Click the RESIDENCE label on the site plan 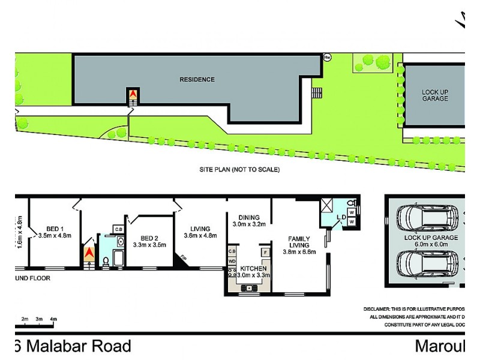pos(197,79)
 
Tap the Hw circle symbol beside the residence pos(327,58)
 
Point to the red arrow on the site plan pos(132,95)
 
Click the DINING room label pos(248,221)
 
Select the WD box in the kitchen pos(232,261)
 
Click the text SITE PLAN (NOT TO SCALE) pos(239,170)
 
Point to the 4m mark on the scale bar pos(53,318)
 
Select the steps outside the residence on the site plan pos(316,93)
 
